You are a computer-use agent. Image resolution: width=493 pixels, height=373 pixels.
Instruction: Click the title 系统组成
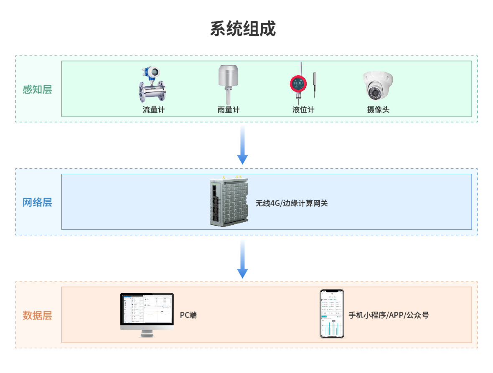[243, 29]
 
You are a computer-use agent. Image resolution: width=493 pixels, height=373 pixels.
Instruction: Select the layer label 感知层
[37, 89]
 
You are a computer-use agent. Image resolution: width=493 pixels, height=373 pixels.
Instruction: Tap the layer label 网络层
[37, 203]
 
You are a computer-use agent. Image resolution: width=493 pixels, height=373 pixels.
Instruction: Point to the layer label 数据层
[37, 315]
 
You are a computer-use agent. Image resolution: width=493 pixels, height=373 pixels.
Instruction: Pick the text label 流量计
[153, 110]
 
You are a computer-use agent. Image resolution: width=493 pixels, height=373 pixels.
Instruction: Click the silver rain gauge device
[229, 84]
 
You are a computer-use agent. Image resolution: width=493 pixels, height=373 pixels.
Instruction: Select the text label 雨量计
[229, 110]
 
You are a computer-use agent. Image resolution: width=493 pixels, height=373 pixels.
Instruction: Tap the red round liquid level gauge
[298, 85]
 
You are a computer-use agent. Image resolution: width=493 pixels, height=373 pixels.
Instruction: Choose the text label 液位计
[303, 110]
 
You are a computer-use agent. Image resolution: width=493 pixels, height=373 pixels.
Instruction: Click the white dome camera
[378, 86]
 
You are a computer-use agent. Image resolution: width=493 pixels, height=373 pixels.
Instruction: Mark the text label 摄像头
[378, 110]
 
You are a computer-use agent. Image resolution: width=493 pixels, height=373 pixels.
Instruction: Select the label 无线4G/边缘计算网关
[292, 203]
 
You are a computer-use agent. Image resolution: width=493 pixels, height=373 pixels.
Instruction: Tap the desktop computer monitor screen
[147, 309]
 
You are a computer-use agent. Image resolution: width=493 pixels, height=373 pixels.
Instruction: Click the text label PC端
[188, 315]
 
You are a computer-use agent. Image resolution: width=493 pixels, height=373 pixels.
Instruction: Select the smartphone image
[332, 314]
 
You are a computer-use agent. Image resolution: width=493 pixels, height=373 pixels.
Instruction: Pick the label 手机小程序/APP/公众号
[389, 315]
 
